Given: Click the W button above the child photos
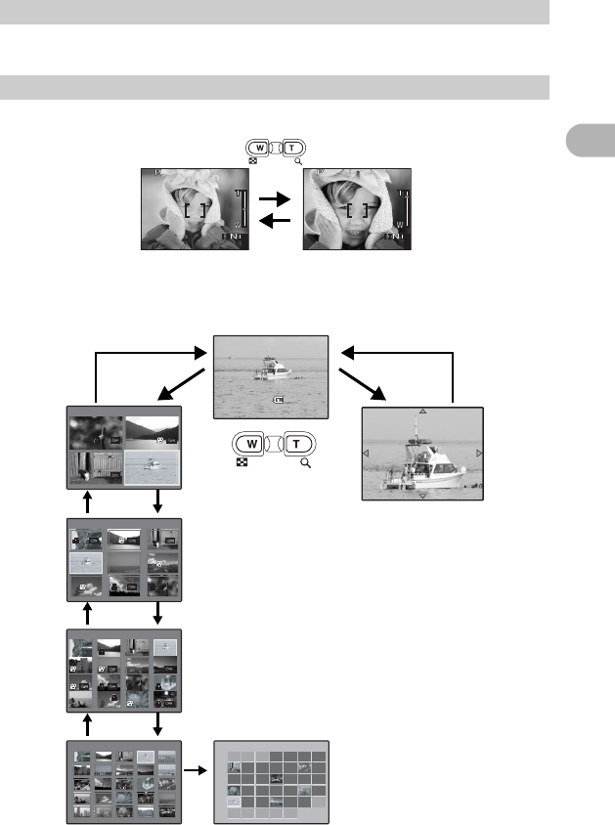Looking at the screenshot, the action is [261, 147].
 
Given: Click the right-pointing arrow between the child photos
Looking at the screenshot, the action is [276, 197].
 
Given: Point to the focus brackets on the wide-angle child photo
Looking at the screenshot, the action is [195, 209].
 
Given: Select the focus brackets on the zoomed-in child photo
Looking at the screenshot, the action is [359, 207].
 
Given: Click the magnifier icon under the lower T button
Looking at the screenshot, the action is [306, 463].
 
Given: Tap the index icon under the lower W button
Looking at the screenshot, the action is [241, 463].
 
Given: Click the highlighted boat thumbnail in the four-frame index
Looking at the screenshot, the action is [152, 466].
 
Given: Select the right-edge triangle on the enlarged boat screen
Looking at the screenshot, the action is [479, 454].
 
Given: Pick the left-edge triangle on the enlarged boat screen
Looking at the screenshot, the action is [366, 454].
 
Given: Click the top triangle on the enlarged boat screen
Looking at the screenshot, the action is [422, 411].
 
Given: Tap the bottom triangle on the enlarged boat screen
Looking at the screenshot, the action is [422, 496].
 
